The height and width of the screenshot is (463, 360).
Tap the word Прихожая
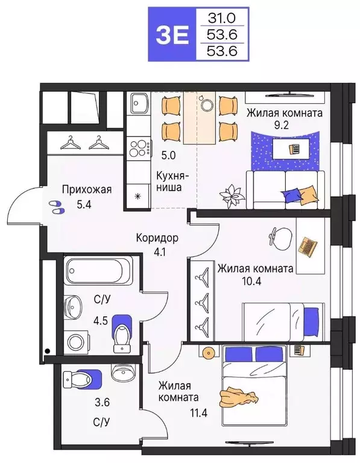[x=87, y=190]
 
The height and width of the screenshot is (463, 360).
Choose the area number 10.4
[x=255, y=283]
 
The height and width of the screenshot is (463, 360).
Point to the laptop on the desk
[x=308, y=246]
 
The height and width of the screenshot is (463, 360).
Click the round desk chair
[x=277, y=234]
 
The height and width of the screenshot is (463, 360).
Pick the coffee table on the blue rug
[x=293, y=147]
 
